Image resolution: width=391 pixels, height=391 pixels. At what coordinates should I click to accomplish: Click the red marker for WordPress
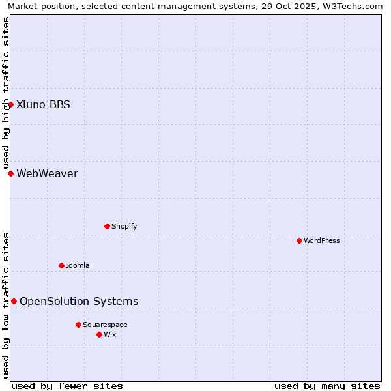coord(299,240)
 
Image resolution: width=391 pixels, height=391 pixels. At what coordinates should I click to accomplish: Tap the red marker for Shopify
coord(107,226)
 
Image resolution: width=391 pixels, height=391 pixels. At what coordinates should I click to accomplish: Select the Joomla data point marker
coord(61,265)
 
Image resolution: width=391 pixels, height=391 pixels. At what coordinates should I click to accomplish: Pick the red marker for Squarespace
coord(78,325)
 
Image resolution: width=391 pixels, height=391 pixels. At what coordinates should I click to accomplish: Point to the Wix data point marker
coord(99,334)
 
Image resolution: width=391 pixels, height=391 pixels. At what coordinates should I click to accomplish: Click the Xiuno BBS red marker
coord(10,104)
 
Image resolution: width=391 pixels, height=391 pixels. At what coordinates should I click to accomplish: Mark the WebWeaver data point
coord(10,173)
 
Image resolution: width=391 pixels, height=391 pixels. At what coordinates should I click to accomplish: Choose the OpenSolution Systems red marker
coord(14,301)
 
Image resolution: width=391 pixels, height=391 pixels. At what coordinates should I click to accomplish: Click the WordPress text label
coord(322,240)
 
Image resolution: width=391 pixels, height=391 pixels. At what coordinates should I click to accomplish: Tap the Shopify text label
coord(124,226)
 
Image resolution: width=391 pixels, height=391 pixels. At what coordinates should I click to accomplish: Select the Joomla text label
coord(78,265)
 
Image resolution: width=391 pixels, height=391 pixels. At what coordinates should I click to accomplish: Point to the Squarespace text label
coord(105,325)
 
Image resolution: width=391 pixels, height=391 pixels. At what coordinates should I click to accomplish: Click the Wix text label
coord(110,334)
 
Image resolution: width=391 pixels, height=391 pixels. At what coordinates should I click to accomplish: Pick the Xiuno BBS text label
coord(43,104)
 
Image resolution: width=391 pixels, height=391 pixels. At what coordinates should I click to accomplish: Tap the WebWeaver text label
coord(47,173)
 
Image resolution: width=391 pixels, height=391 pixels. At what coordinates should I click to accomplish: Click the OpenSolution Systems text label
coord(79,301)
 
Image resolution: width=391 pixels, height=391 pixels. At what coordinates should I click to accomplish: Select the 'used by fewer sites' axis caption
coord(67,386)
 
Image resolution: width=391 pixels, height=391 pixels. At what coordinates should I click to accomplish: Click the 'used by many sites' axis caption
coord(327,386)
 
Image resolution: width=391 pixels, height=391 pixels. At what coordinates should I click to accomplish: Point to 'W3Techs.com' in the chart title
coord(355,7)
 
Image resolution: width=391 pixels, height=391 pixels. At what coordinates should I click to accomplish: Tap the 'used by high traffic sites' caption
coord(7,93)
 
